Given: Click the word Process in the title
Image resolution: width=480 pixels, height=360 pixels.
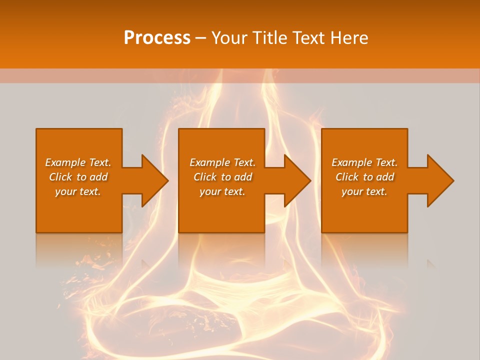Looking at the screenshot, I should tap(157, 38).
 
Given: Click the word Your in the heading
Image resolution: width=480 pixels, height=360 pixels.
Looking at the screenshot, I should tap(230, 38).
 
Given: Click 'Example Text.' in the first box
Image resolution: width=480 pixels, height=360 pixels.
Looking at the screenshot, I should tap(78, 162).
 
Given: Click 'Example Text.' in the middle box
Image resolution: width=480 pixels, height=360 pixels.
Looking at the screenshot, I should tap(222, 162).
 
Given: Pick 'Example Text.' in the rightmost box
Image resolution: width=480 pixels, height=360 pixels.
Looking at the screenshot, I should tap(364, 162).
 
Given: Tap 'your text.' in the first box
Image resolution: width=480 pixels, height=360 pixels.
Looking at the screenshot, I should tap(78, 191).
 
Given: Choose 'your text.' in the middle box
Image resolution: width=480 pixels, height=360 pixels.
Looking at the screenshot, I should tap(222, 191).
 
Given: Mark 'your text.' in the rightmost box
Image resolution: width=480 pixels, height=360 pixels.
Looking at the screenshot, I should tap(364, 191).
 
